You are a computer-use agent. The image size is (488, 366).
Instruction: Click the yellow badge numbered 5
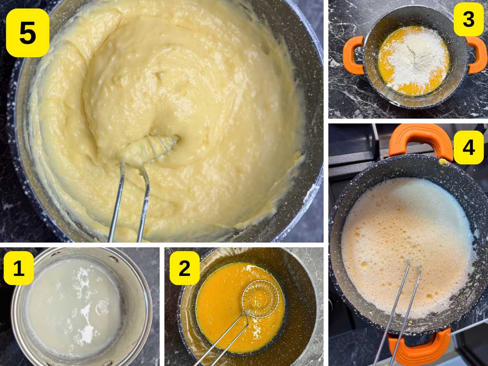(x=27, y=33)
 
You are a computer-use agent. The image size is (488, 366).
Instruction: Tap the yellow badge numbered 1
(x=19, y=268)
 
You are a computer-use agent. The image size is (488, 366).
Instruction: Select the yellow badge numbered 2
(x=184, y=268)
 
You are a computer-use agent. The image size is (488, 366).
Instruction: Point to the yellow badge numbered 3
(x=468, y=19)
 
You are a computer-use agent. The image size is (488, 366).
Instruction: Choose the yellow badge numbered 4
(x=468, y=147)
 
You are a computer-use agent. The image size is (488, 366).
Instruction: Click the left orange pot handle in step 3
(x=353, y=55)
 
